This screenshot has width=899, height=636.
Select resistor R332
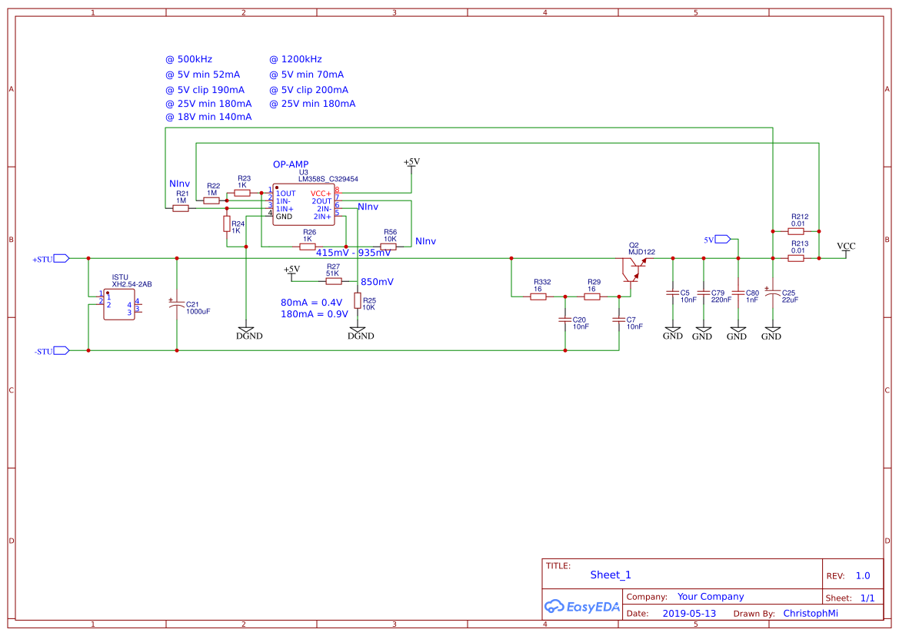538,296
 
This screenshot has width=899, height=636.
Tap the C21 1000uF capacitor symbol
177,305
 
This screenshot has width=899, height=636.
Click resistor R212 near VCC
796,230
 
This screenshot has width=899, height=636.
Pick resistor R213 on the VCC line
796,258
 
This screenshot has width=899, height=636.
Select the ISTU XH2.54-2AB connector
119,303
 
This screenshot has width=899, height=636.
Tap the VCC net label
846,247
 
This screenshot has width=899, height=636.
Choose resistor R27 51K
334,281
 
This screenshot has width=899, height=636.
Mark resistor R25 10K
358,300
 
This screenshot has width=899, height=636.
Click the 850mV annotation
377,282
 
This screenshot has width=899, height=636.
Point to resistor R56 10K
389,247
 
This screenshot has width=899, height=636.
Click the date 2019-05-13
688,614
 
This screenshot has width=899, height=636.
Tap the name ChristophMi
811,614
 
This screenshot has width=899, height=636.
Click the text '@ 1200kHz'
295,59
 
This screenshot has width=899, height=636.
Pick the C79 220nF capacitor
703,293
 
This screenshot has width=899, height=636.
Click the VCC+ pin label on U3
321,193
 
